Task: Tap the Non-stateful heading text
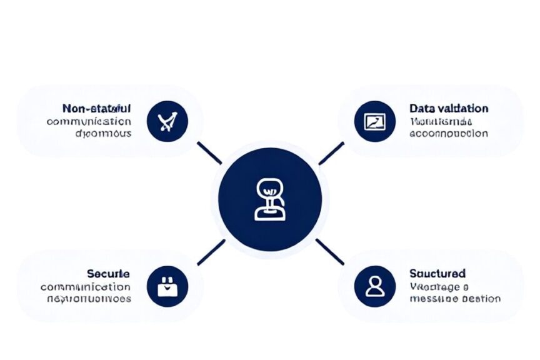point(97,108)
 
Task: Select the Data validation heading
point(449,108)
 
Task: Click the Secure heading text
point(109,274)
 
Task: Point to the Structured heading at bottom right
point(437,273)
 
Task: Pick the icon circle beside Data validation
point(374,121)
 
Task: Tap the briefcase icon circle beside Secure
point(167,286)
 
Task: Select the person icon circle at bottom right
point(374,286)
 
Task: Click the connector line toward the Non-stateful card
point(209,153)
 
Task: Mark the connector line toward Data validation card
point(331,153)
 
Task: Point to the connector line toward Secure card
point(211,252)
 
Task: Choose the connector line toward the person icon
point(330,251)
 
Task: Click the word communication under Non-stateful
point(89,121)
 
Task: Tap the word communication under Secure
point(86,287)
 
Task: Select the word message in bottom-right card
point(430,299)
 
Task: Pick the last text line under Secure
point(89,299)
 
